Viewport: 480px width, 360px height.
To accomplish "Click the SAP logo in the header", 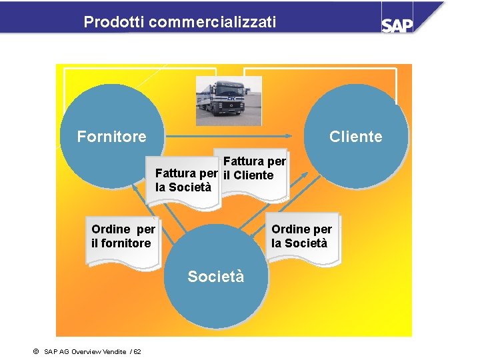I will click(x=397, y=24).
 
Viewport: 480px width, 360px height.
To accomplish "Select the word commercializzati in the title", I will click(x=213, y=23).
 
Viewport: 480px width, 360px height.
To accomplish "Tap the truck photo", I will click(x=229, y=101).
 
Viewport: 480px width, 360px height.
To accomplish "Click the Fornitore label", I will click(x=111, y=137).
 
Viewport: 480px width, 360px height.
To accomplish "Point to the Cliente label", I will click(x=356, y=137).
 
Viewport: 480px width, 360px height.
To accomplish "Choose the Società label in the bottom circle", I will click(x=216, y=276).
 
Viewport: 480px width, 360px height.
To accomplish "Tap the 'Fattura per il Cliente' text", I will click(x=254, y=168).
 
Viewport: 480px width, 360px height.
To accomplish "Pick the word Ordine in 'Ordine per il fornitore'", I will click(x=111, y=229).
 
